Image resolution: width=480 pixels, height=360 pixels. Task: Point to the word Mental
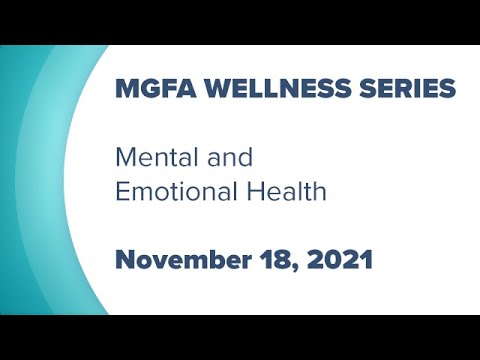point(150,157)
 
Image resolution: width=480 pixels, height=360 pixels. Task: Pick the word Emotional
point(176,191)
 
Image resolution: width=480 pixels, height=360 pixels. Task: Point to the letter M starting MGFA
point(126,88)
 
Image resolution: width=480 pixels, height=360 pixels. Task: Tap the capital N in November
point(125,259)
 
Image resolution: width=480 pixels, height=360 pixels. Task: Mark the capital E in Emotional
point(122,191)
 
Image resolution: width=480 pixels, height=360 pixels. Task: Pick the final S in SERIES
point(447,88)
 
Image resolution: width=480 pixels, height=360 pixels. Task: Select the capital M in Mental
point(124,157)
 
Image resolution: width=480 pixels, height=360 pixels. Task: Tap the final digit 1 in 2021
point(367,259)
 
